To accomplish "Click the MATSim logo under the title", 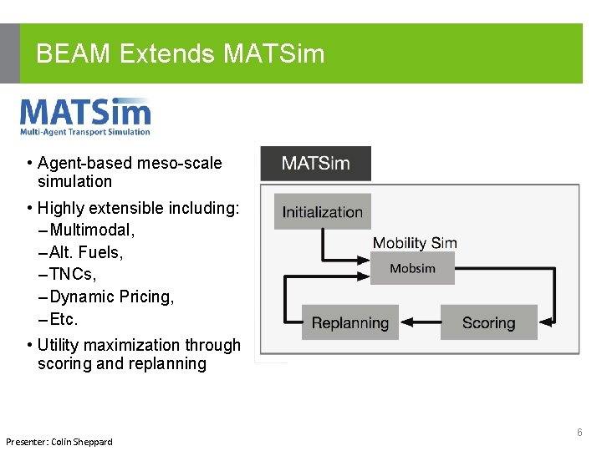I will (x=85, y=117).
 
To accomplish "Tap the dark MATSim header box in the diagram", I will (x=315, y=164).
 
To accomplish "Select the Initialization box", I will (x=322, y=212).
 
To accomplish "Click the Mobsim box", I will (x=412, y=269).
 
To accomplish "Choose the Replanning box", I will (x=350, y=323).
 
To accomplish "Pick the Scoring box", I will (x=488, y=323).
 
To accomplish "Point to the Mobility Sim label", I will (x=415, y=243).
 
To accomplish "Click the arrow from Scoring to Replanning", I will (x=420, y=323).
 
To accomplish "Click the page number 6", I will (x=579, y=433).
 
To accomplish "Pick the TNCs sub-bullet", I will (x=74, y=274).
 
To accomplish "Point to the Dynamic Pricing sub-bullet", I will (x=112, y=296).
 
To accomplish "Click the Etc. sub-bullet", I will (x=64, y=319).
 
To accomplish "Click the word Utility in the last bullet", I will (x=61, y=345).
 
